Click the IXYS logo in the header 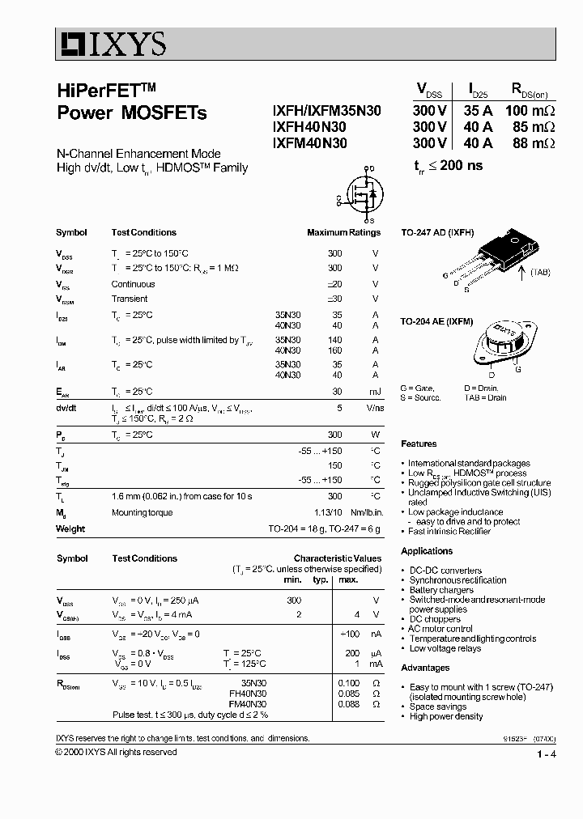coord(112,43)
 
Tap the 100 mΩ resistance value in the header coord(530,111)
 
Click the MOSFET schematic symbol coord(358,195)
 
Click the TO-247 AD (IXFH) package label coord(437,232)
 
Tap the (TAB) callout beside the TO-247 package coord(540,273)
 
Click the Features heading coord(419,443)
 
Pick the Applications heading coord(427,551)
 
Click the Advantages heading coord(425,668)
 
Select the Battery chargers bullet coord(441,590)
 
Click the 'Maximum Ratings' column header coord(343,232)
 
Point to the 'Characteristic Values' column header coord(337,558)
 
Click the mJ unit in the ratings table coord(375,392)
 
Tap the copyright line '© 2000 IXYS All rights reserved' coord(116,752)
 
